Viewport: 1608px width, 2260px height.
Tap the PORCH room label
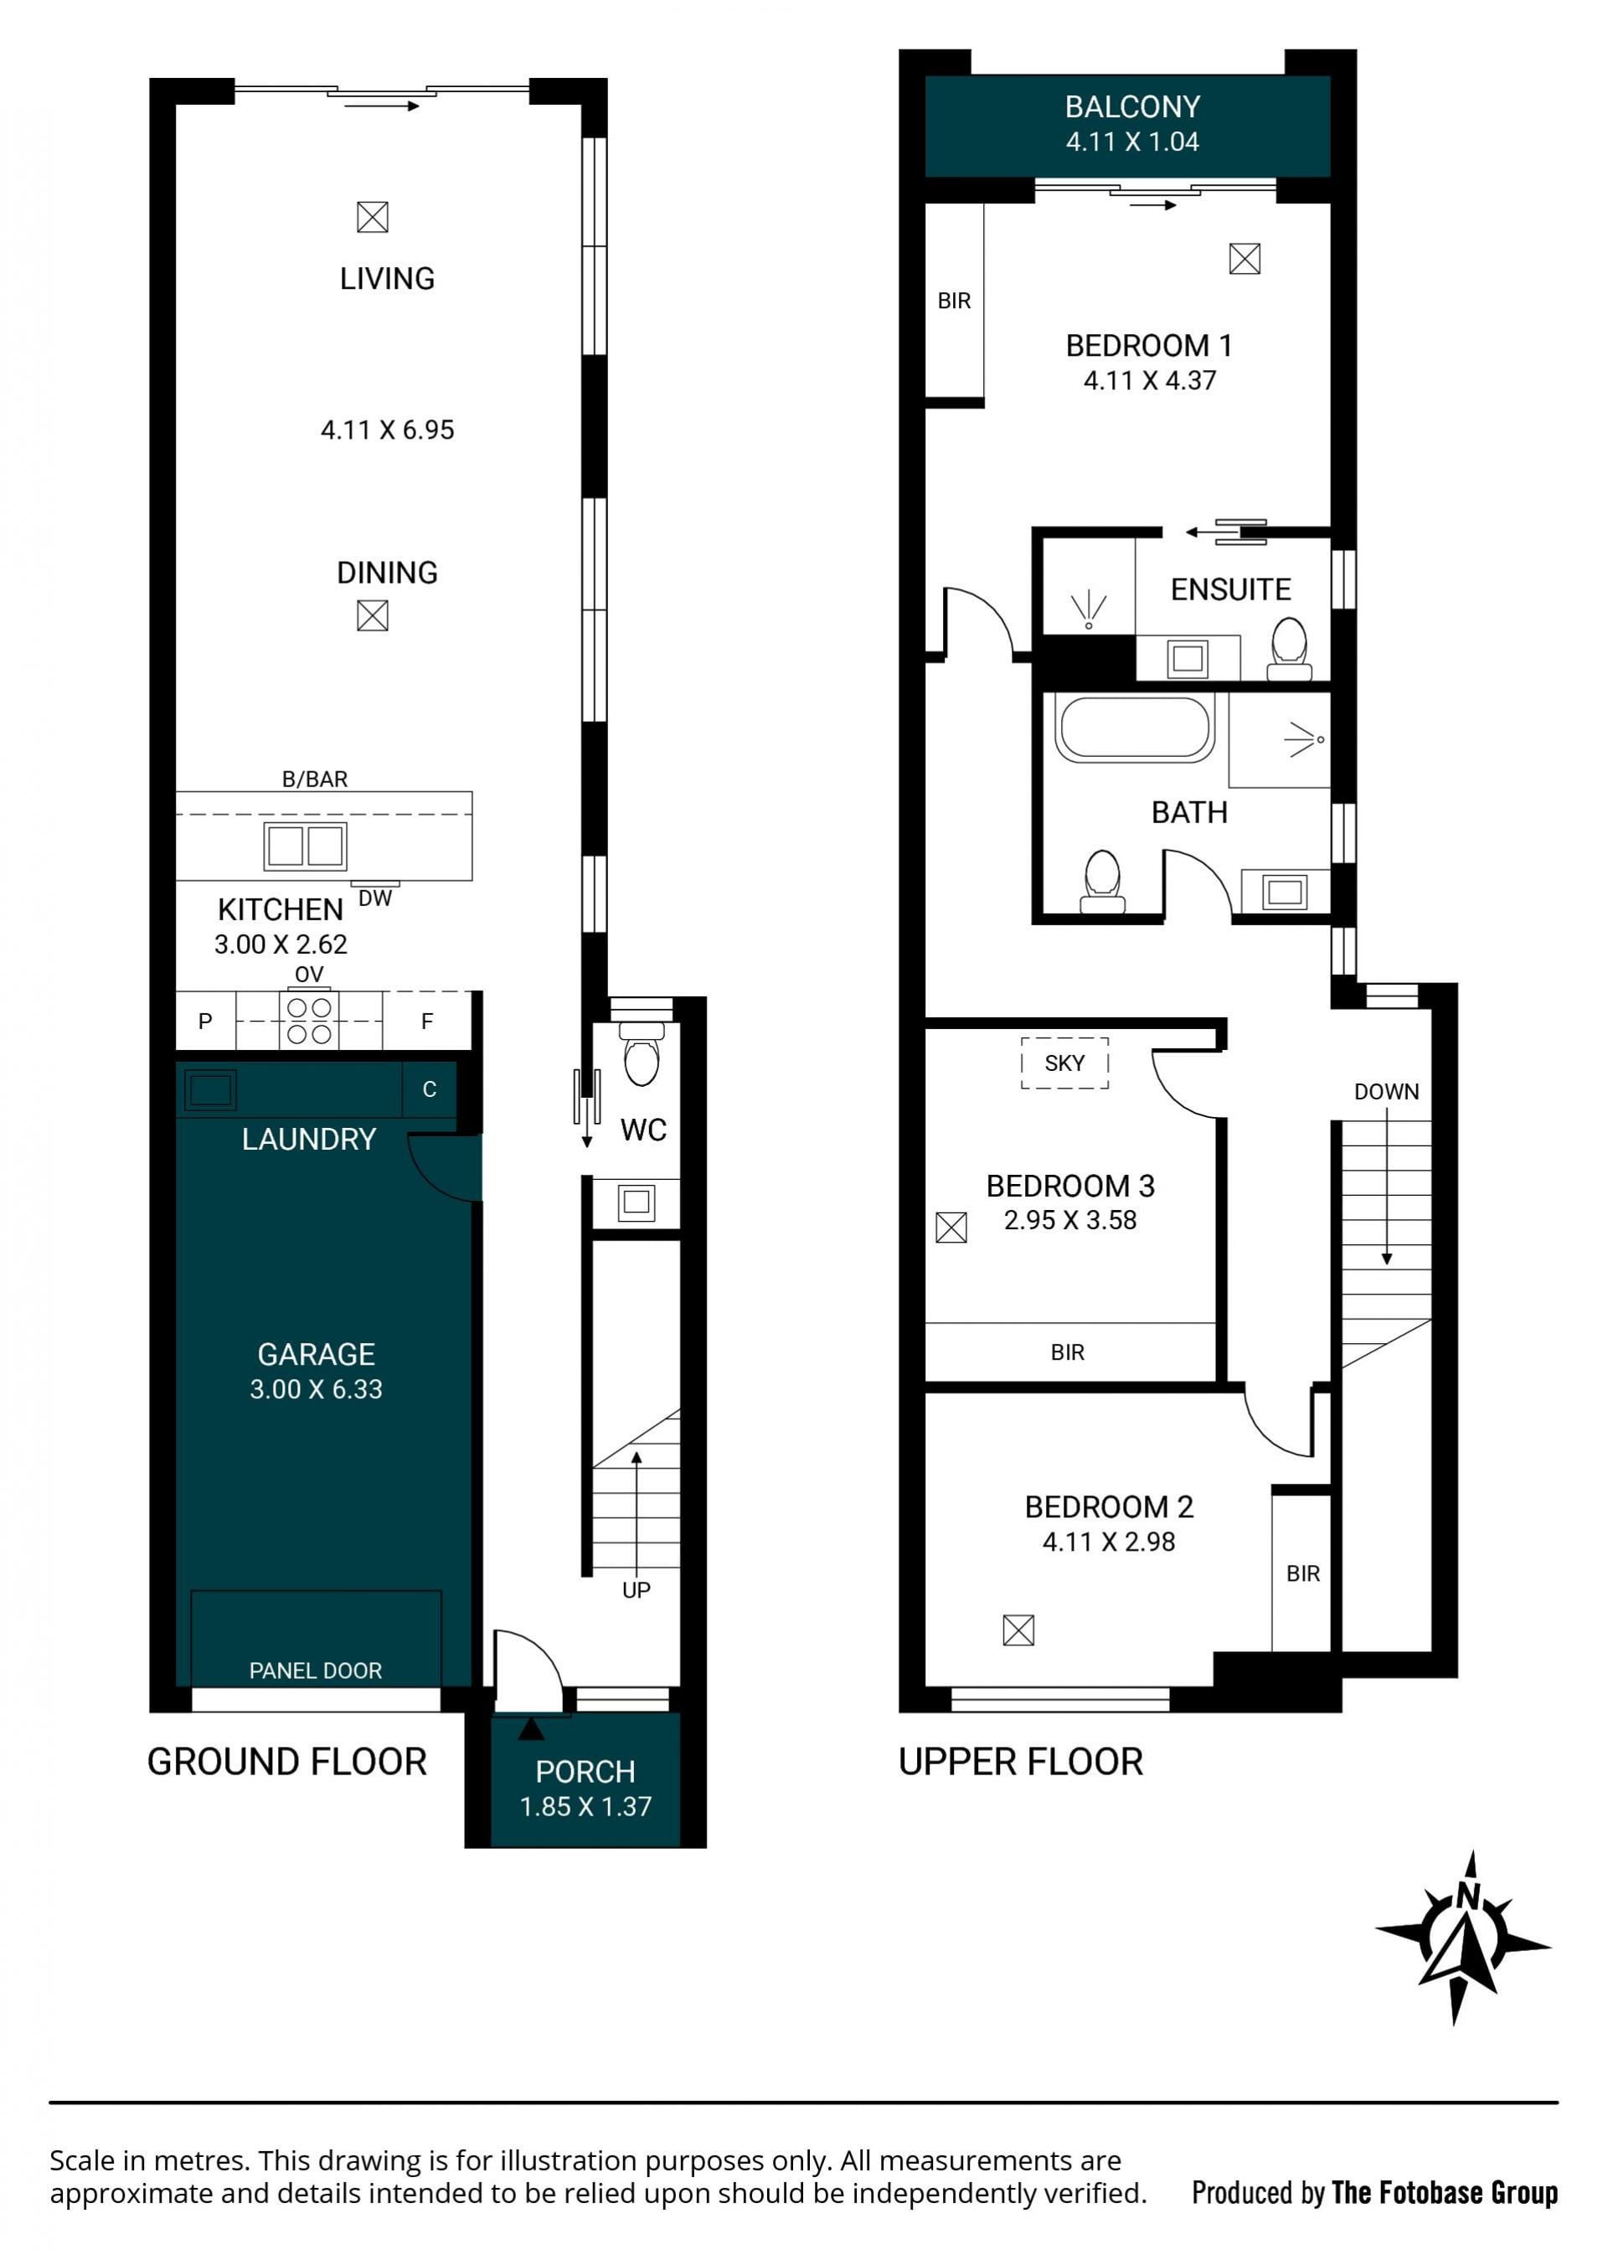585,1771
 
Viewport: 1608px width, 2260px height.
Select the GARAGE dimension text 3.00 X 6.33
316,1389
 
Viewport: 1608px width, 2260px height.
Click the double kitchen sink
305,847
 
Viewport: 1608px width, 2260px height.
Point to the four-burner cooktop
309,1021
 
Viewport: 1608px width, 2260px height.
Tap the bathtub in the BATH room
1135,728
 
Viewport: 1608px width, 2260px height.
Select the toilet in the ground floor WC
642,1053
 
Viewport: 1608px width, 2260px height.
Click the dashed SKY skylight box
1064,1063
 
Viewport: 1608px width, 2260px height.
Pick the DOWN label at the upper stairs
1386,1092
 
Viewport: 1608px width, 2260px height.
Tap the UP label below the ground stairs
636,1590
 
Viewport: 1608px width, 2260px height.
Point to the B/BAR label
315,779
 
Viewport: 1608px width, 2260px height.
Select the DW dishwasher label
375,898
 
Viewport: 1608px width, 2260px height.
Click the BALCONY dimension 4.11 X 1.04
1131,142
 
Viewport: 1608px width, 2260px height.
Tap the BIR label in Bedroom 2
1303,1573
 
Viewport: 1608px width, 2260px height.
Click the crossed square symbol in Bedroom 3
951,1228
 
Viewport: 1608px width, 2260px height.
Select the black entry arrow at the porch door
532,1728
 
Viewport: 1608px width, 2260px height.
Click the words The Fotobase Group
1445,2193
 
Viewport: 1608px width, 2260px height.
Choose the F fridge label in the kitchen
427,1021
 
